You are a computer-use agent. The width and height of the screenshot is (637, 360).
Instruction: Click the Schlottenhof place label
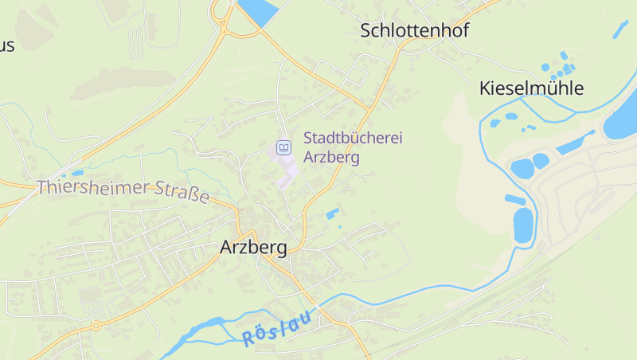(414, 31)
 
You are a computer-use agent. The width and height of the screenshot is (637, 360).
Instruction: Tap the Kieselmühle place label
(531, 88)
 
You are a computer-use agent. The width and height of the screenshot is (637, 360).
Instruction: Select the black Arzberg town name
(252, 248)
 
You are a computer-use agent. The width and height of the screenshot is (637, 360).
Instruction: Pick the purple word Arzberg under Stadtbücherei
(331, 157)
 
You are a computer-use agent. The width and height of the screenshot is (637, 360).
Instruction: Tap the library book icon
(283, 147)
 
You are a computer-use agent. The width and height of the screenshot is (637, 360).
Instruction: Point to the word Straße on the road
(182, 194)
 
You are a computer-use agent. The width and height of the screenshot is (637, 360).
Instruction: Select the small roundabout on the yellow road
(96, 325)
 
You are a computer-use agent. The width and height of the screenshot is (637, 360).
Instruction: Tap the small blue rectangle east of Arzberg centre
(331, 213)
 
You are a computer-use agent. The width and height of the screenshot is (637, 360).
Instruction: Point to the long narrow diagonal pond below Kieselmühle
(575, 143)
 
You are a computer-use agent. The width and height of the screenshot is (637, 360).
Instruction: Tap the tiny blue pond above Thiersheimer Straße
(76, 173)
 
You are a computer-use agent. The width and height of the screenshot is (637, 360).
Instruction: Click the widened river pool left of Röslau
(203, 327)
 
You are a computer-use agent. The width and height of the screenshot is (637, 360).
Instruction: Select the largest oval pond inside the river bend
(523, 224)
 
